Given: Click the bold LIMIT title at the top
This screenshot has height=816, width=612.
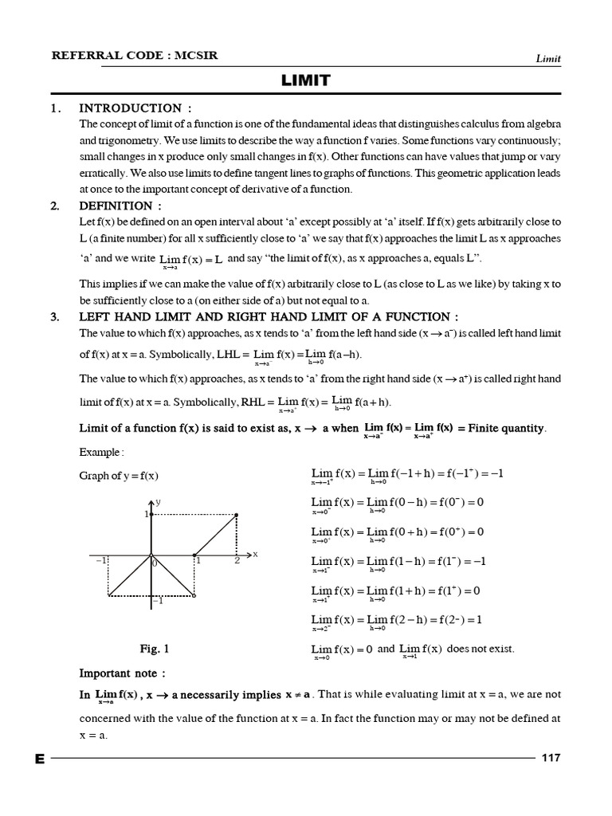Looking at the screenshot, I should (x=305, y=80).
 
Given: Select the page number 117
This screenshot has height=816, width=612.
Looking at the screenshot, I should (x=551, y=758).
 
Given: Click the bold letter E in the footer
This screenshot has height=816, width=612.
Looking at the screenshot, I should (x=39, y=759).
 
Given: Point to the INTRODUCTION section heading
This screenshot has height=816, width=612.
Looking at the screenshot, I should (x=135, y=108).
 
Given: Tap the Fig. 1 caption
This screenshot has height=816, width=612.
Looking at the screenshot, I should (x=154, y=649).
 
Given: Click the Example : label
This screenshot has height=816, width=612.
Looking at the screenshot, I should (x=101, y=452).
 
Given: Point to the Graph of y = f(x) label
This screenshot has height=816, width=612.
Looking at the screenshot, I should (x=119, y=476).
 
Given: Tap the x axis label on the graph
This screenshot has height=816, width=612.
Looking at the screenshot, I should (x=255, y=553).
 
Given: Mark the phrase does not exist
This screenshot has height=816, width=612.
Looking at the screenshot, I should (x=481, y=649).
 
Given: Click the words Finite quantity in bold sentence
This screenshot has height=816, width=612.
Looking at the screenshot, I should (x=507, y=428).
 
